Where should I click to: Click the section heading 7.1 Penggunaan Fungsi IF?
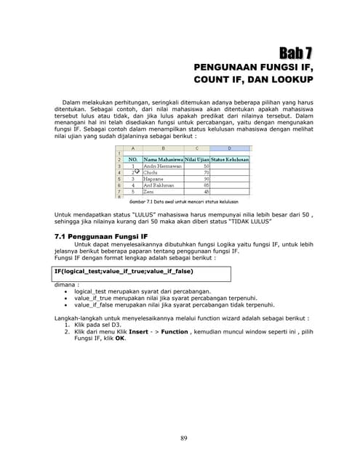(x=102, y=237)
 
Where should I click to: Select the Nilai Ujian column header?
(x=197, y=158)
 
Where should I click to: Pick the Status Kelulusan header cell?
(x=230, y=158)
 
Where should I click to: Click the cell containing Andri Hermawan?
(x=161, y=166)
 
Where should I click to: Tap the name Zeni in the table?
(x=150, y=192)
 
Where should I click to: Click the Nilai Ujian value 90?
(x=207, y=179)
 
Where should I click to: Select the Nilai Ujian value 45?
(x=207, y=192)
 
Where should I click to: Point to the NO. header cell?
(x=133, y=158)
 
